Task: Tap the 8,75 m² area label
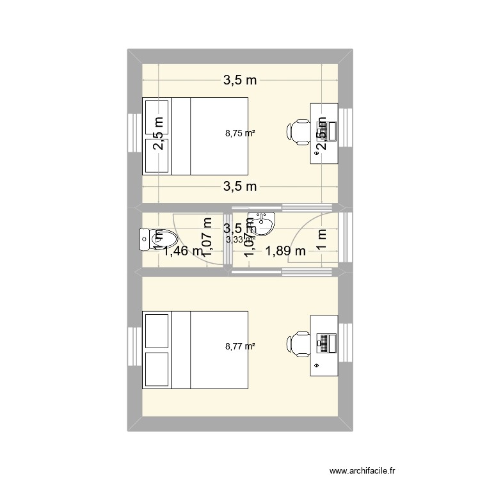(241, 134)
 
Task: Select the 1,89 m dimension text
(286, 252)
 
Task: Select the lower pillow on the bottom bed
(157, 369)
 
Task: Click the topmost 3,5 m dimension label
(240, 80)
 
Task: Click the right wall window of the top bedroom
(346, 134)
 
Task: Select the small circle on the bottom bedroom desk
(317, 365)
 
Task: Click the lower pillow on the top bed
(157, 156)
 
